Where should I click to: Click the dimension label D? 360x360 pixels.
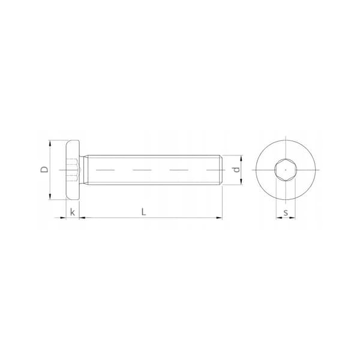44,169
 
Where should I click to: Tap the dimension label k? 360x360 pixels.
73,212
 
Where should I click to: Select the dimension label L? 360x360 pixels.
144,212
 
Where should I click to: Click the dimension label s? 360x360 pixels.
286,212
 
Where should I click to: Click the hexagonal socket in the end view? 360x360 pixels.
286,170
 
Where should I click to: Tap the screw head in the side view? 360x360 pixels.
73,170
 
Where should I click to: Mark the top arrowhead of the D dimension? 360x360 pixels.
50,143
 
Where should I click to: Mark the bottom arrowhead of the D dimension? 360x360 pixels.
50,197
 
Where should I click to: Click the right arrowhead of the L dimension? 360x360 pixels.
219,217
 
